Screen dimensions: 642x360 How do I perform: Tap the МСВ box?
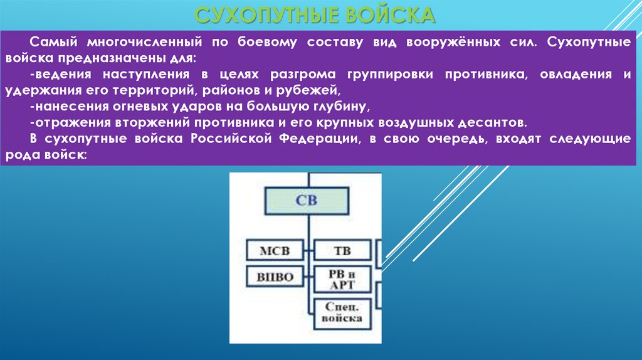click(x=275, y=251)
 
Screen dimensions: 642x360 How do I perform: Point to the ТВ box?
click(x=342, y=251)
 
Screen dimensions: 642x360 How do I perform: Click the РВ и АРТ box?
click(x=342, y=279)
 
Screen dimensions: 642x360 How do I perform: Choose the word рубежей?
click(x=310, y=90)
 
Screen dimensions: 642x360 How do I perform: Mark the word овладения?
click(x=577, y=75)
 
